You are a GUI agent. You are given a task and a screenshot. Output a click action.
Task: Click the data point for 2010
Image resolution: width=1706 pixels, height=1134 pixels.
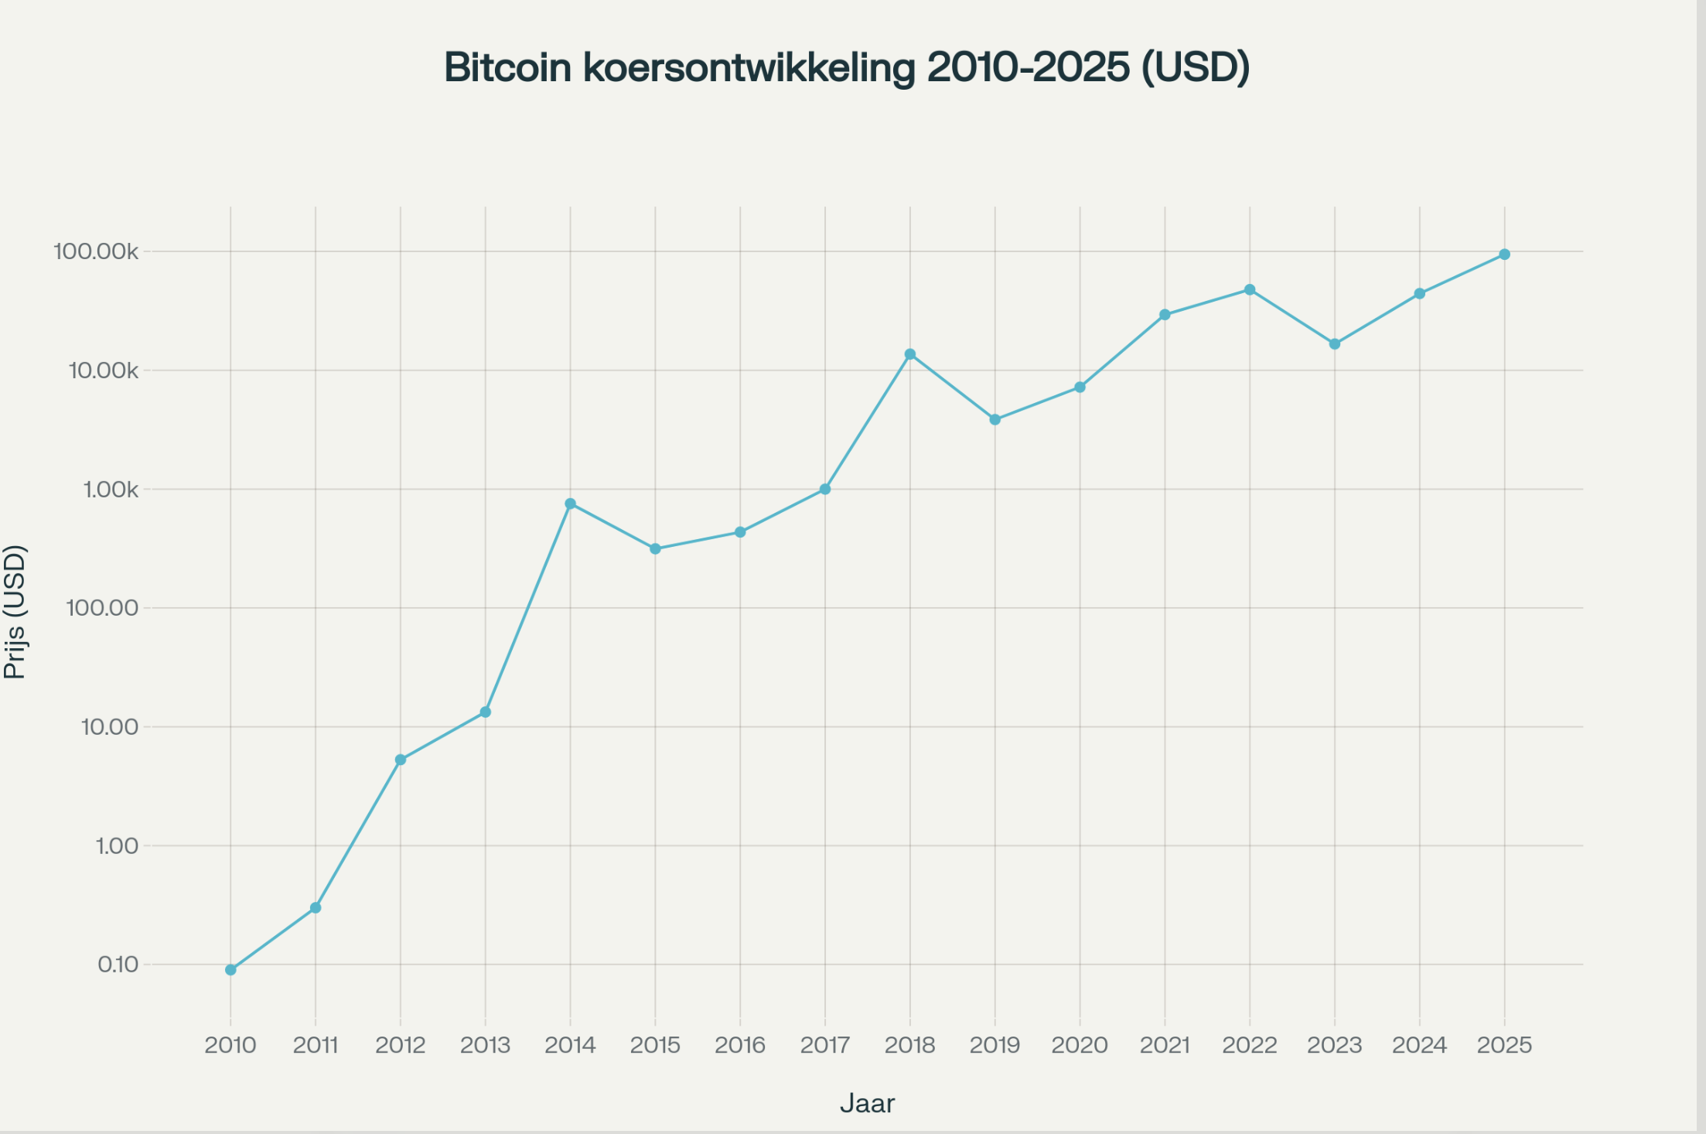coord(230,969)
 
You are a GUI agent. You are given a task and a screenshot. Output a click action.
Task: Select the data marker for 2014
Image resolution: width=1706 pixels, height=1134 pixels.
coord(570,504)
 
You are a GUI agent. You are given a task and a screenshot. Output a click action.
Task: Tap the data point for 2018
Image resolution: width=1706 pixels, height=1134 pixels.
coord(910,354)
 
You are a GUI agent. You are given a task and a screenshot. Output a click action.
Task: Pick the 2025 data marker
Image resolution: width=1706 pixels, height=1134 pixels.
coord(1504,254)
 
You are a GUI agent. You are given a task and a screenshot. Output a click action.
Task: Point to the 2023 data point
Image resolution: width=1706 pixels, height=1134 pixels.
coord(1335,344)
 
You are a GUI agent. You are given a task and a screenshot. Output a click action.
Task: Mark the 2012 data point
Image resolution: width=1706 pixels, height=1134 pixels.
coord(401,760)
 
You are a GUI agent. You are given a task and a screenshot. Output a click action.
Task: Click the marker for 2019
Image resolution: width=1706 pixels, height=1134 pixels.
coord(995,420)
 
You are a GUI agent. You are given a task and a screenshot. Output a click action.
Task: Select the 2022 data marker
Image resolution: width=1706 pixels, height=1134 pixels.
coord(1250,290)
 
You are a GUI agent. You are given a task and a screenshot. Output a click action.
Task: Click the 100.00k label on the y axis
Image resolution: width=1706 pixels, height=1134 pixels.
coord(96,251)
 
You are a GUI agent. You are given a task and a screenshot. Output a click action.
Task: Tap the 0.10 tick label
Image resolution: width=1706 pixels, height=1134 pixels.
coord(118,965)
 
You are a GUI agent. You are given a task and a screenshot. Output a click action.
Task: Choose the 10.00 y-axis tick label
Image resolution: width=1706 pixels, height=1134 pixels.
coord(109,727)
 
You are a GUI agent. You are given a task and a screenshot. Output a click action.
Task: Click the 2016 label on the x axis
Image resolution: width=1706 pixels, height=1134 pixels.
coord(740,1045)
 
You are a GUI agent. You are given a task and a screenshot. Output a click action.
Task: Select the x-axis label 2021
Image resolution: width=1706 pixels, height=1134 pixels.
coord(1165,1045)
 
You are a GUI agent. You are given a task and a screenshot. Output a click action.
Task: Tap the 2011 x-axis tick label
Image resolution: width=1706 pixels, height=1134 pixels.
coord(316,1045)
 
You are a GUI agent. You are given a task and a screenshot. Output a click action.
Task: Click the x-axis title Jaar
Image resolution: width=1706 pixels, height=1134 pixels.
coord(867,1103)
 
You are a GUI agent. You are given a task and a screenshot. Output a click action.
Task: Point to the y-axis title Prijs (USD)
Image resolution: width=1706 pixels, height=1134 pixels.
coord(15,612)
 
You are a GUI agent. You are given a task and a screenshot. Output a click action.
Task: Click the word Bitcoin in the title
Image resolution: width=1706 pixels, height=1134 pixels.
coord(507,67)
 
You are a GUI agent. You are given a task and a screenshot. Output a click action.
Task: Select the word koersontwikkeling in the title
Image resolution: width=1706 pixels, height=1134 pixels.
coord(749,67)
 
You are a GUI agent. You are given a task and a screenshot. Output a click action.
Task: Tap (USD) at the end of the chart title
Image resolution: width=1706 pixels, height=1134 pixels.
coord(1196,67)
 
